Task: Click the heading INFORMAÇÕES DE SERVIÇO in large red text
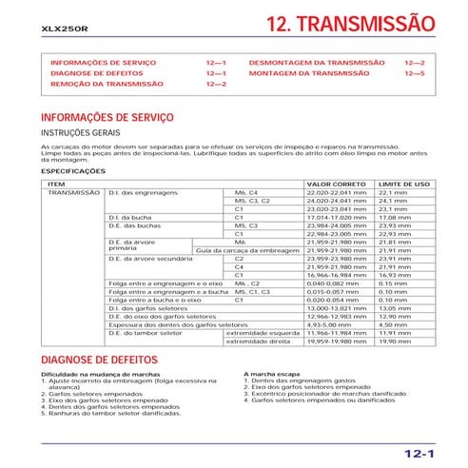coord(102,117)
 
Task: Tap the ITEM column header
coord(56,184)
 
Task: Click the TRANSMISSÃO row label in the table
coord(73,192)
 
